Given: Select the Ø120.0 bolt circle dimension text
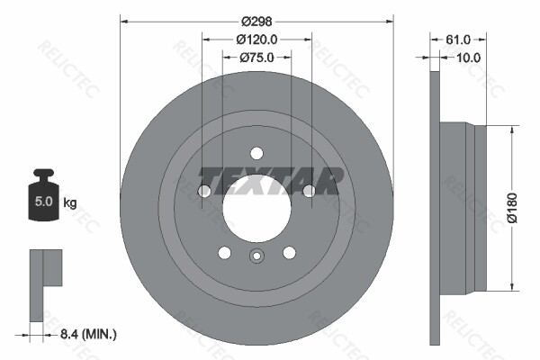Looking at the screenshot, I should (256, 39).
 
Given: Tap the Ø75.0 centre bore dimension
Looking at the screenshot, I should (256, 58).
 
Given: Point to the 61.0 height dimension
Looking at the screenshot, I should (458, 39).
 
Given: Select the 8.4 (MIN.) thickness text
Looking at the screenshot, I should (86, 334).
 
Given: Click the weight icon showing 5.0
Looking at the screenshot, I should (42, 195).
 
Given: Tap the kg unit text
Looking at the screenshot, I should (69, 202).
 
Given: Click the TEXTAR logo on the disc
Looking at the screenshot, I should (271, 180).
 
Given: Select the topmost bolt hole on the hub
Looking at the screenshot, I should (256, 152).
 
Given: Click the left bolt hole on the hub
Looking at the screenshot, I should (204, 191).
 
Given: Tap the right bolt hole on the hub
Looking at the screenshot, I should (309, 191).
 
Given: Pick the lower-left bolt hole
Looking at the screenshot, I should (224, 252).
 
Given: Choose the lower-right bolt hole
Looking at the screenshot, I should (289, 252).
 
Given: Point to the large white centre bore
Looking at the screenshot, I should (256, 210).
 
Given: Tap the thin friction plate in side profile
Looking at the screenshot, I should (436, 207).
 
